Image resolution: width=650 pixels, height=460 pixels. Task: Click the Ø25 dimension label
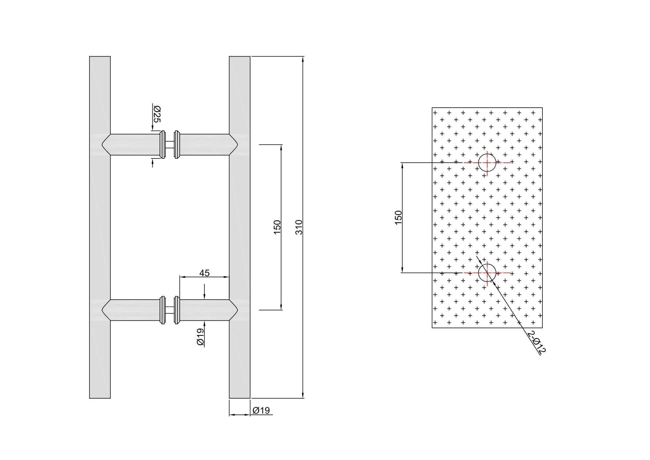point(157,114)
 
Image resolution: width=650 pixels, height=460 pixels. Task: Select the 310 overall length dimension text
point(299,227)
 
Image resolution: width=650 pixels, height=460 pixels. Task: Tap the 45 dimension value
point(204,273)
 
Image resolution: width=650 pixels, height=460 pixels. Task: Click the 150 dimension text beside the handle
point(277,227)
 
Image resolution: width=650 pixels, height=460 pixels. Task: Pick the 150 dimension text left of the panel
point(398,217)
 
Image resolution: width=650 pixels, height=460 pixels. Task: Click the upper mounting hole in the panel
point(487,163)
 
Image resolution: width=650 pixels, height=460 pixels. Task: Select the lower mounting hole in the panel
point(487,273)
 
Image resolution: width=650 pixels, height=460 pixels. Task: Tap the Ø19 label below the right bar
point(261,411)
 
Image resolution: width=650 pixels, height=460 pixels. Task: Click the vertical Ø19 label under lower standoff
point(200,337)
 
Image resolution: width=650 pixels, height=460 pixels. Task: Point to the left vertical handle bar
point(100,227)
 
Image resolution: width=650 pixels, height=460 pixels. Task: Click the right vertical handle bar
point(240,227)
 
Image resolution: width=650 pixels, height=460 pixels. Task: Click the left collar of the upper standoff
point(162,144)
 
